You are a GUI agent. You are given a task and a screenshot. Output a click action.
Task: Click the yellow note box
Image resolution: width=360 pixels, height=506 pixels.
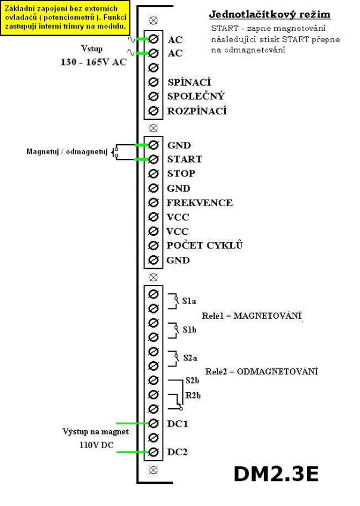tap(65, 17)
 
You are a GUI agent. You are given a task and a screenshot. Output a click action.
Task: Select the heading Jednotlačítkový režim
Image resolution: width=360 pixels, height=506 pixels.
tap(269, 15)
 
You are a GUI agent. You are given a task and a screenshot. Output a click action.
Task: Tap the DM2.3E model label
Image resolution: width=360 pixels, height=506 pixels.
tap(276, 474)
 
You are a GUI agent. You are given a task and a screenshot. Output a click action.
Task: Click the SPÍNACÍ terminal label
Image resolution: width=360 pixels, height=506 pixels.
tap(189, 82)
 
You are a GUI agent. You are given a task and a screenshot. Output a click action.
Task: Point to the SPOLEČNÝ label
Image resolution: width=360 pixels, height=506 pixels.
tap(196, 96)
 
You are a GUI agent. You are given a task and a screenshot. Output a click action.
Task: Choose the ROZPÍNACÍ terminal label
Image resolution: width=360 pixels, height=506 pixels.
tap(197, 111)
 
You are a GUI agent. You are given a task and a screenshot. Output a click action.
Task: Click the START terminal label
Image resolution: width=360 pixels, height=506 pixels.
tap(185, 159)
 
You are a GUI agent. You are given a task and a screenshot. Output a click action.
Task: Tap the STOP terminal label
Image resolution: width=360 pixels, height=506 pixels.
tap(181, 173)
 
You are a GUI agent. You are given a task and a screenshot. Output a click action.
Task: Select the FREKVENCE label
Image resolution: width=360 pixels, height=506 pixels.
tap(199, 203)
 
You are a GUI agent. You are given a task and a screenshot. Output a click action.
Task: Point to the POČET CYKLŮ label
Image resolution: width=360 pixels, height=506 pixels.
tap(204, 246)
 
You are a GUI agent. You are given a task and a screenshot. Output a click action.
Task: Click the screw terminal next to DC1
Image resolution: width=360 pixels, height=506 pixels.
tap(154, 423)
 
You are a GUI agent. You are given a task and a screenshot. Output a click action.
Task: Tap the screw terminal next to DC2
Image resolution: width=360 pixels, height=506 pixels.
tap(154, 452)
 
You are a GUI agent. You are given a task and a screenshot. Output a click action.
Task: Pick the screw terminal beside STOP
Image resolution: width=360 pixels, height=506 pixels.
tap(154, 173)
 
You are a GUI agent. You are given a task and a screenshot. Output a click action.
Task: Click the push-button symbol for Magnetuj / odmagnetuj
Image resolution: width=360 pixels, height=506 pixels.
tap(114, 152)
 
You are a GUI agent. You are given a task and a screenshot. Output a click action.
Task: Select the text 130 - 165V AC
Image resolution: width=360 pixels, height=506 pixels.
tap(94, 62)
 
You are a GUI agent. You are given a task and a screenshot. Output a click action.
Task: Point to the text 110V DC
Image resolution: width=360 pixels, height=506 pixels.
tap(97, 445)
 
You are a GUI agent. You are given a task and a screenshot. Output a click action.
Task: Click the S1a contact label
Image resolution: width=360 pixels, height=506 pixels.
tap(189, 301)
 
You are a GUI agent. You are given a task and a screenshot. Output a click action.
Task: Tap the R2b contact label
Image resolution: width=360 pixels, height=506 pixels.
tap(193, 395)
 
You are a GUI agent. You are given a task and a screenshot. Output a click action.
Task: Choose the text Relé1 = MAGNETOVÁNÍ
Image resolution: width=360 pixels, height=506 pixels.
tap(252, 316)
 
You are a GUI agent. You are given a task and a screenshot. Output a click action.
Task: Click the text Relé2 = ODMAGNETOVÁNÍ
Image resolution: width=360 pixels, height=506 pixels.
tap(262, 371)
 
